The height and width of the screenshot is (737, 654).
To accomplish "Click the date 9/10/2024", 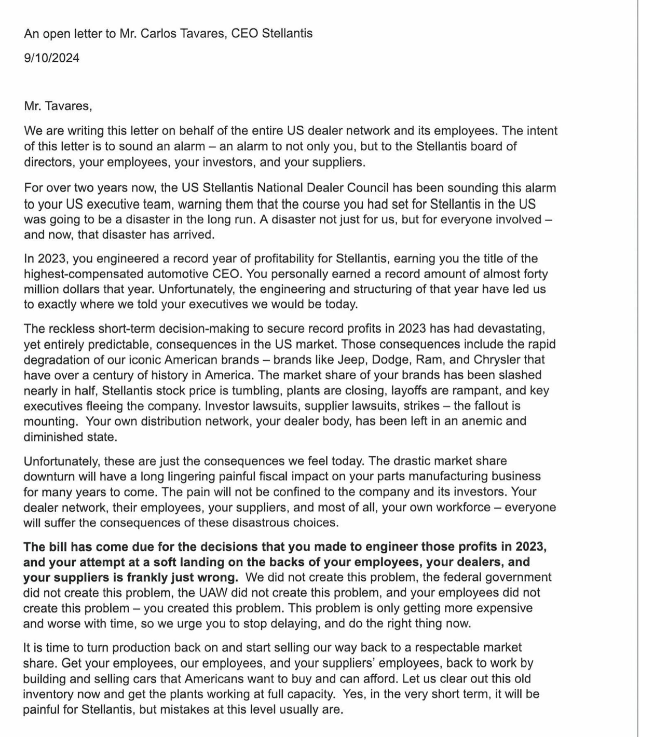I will tap(51, 58).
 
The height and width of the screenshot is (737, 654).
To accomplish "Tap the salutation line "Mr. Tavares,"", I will tap(58, 106).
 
